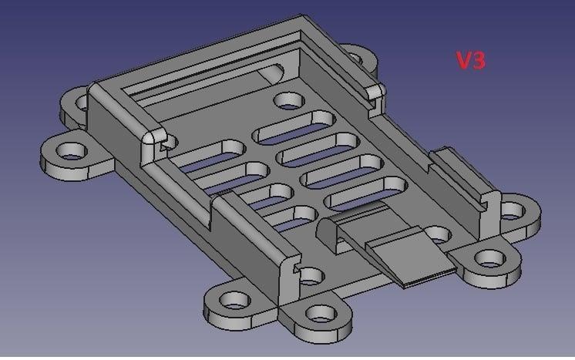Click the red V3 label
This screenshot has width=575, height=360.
coord(470,62)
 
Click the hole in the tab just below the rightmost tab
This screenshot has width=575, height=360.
coord(487,257)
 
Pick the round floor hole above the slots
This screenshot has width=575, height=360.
coord(289,100)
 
